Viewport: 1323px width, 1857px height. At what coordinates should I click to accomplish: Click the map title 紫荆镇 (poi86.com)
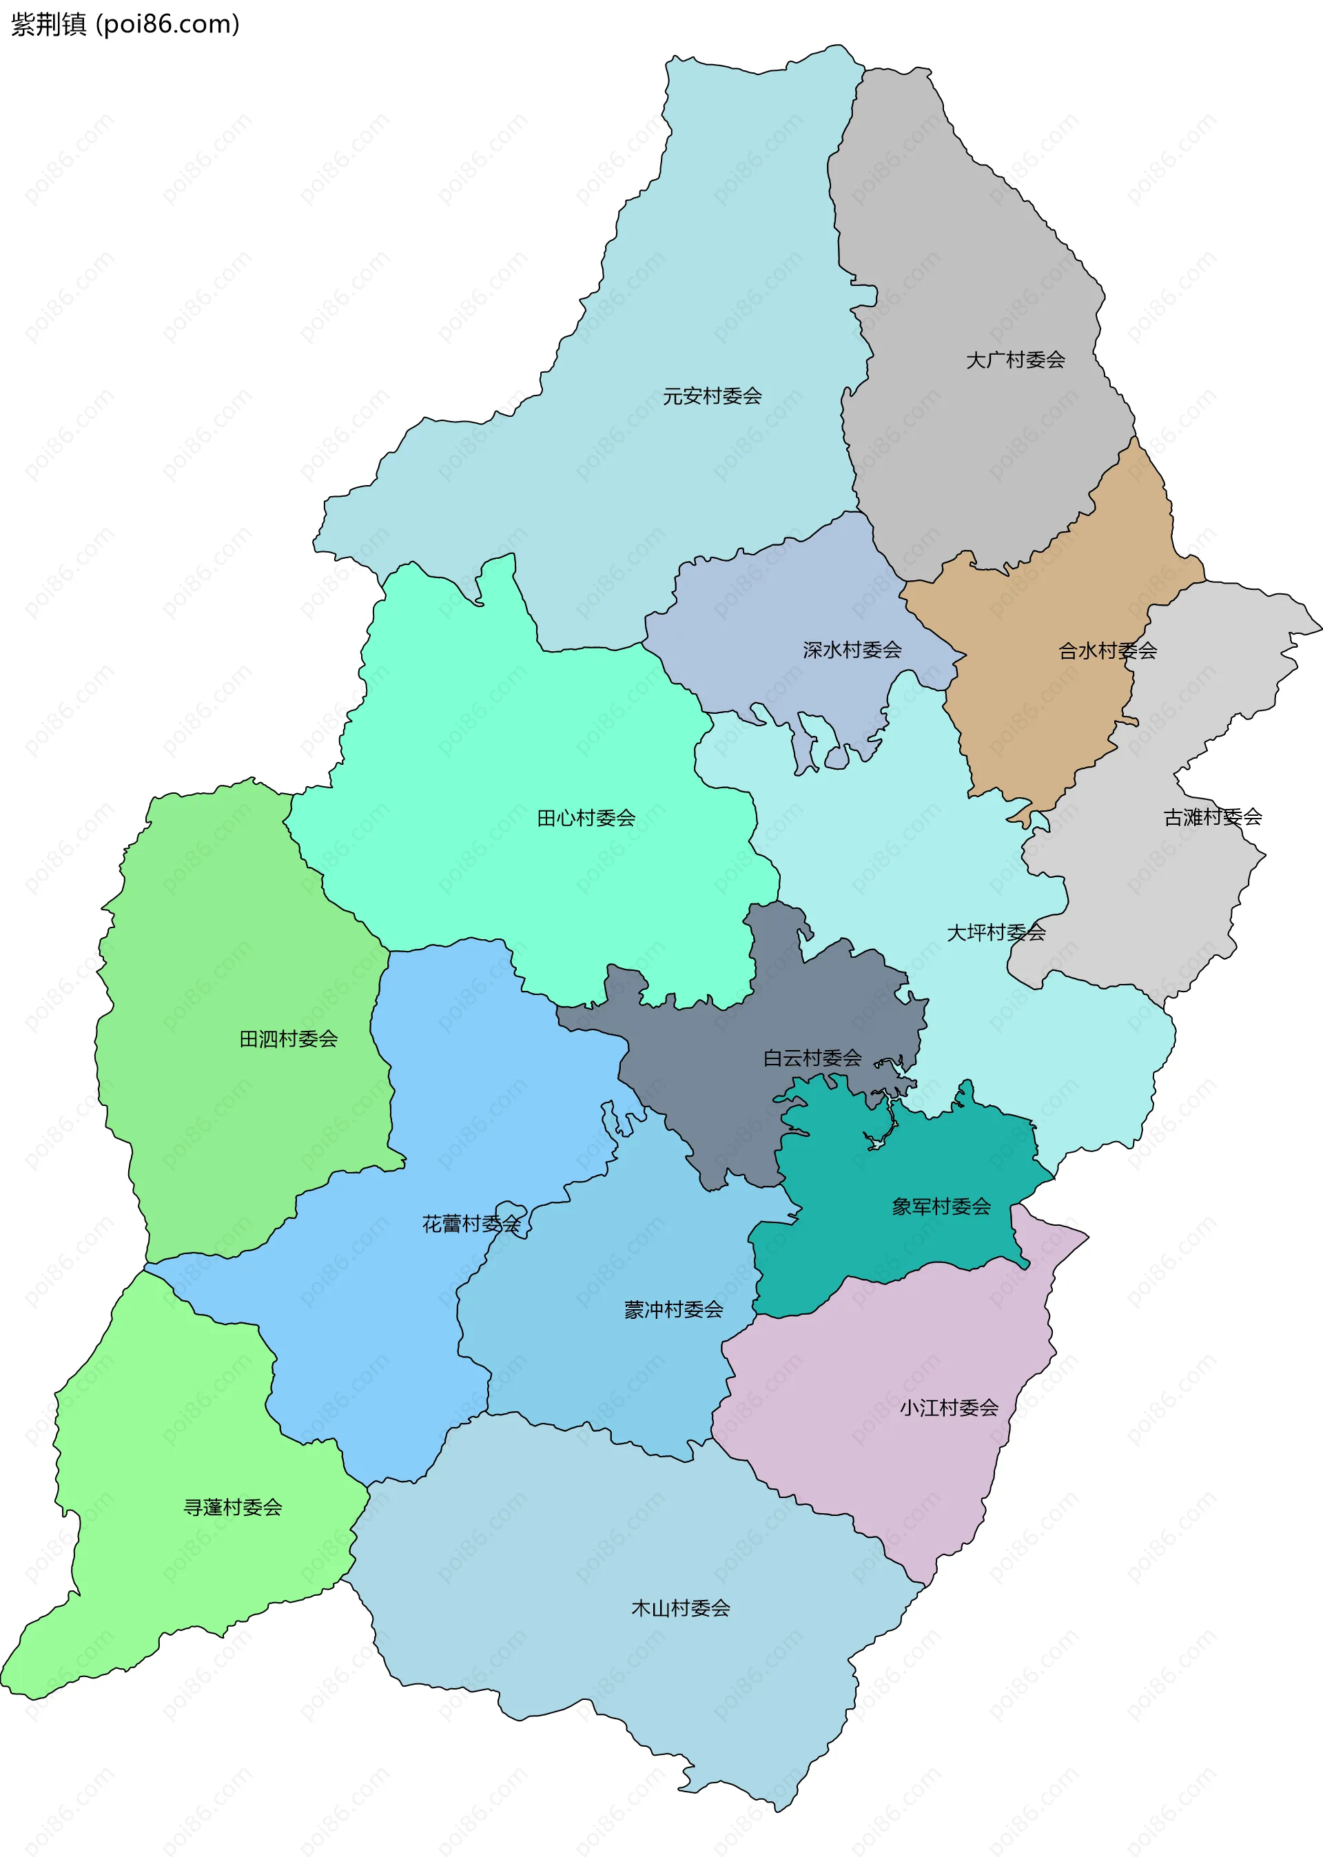point(125,24)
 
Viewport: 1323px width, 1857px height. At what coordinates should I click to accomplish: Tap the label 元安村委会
point(712,397)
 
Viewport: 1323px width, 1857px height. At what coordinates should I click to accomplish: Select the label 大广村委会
point(1015,360)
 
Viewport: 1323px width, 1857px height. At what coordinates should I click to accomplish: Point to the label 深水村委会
point(852,650)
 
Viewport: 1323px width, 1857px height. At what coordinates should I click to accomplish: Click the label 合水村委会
point(1107,650)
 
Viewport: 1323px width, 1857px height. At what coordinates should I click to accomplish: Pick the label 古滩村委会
point(1212,817)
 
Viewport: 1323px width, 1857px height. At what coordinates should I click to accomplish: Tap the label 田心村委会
point(586,818)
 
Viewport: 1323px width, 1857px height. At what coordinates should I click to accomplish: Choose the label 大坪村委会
point(996,932)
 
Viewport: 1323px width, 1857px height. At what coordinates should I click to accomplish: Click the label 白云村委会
point(812,1058)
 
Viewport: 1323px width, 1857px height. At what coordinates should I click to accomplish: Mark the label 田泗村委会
point(289,1038)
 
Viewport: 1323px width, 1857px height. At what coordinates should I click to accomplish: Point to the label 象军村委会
point(941,1207)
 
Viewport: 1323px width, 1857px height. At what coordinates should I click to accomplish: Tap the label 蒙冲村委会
point(674,1310)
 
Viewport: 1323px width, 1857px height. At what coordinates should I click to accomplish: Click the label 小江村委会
point(948,1408)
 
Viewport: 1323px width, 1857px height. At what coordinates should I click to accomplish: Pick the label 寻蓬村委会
point(233,1507)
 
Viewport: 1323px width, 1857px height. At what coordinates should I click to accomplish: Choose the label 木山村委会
point(680,1608)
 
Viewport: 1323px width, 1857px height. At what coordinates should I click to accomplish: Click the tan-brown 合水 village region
point(1051,717)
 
